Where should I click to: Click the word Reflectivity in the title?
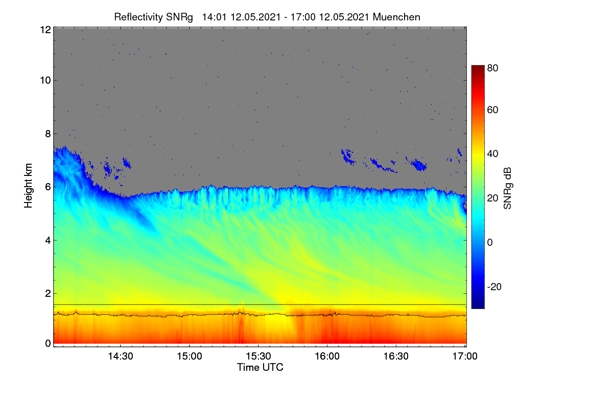[x=139, y=17]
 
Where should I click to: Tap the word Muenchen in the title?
[x=396, y=17]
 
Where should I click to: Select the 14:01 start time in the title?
[x=214, y=17]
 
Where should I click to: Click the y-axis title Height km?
[x=28, y=186]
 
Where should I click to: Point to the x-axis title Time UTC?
[x=260, y=367]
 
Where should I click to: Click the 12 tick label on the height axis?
[x=45, y=30]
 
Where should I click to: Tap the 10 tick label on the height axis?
[x=45, y=81]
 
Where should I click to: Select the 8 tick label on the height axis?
[x=48, y=134]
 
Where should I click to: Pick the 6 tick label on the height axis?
[x=48, y=187]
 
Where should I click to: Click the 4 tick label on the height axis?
[x=48, y=241]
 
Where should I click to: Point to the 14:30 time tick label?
[x=121, y=356]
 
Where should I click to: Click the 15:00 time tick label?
[x=190, y=356]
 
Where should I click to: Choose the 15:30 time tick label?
[x=258, y=356]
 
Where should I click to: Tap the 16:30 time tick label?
[x=396, y=356]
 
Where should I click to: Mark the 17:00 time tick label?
[x=465, y=356]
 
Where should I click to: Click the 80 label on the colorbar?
[x=492, y=68]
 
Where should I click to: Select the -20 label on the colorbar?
[x=494, y=287]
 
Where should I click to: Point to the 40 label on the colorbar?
[x=492, y=154]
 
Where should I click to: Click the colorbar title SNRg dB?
[x=507, y=189]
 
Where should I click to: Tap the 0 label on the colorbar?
[x=490, y=242]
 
